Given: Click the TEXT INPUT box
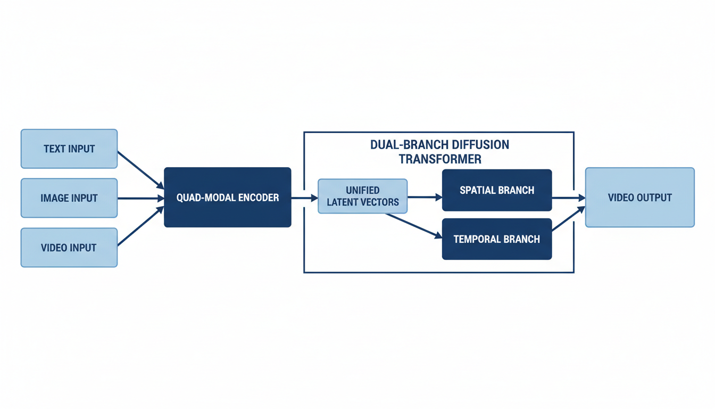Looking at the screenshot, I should coord(69,149).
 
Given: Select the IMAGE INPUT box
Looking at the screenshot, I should coord(69,198).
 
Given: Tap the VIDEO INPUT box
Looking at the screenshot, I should coord(69,248).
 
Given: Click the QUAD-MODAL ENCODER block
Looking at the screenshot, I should coord(227,198).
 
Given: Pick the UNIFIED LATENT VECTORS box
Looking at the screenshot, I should coord(362,196).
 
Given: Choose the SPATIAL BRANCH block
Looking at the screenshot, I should coord(497,190).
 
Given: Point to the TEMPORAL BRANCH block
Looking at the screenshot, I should coord(497,239).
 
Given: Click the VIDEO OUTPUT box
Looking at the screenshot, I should coord(639,198).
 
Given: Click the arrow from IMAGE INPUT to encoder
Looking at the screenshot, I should coord(140,198).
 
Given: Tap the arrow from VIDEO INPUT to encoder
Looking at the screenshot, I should coord(140,227).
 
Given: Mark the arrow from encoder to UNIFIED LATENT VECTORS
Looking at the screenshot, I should coord(304,198).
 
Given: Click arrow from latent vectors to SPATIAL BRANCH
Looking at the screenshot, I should coord(425,197).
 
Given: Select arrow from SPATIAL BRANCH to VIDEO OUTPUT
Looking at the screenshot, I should coord(568,198).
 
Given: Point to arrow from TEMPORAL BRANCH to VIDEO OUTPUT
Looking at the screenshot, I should coord(568,219).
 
